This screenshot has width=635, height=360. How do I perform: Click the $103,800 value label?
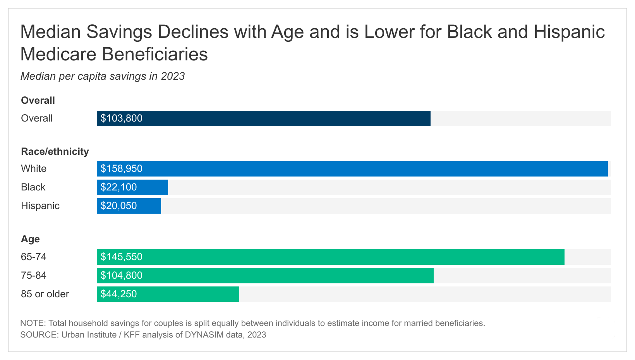tap(122, 118)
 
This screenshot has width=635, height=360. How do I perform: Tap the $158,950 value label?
tap(122, 169)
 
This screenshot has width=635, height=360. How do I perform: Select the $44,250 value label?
tap(119, 294)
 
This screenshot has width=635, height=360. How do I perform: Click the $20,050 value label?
tap(119, 206)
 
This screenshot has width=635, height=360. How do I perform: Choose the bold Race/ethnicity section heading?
tap(55, 151)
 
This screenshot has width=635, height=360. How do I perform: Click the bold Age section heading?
tap(30, 239)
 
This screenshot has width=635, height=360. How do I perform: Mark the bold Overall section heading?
tap(38, 101)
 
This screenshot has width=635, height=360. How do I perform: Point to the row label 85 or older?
tap(45, 294)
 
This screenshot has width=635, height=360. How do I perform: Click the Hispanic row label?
tap(40, 206)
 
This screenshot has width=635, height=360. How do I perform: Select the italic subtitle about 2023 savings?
tap(103, 76)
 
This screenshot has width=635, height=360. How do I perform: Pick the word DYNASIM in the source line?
tap(204, 335)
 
